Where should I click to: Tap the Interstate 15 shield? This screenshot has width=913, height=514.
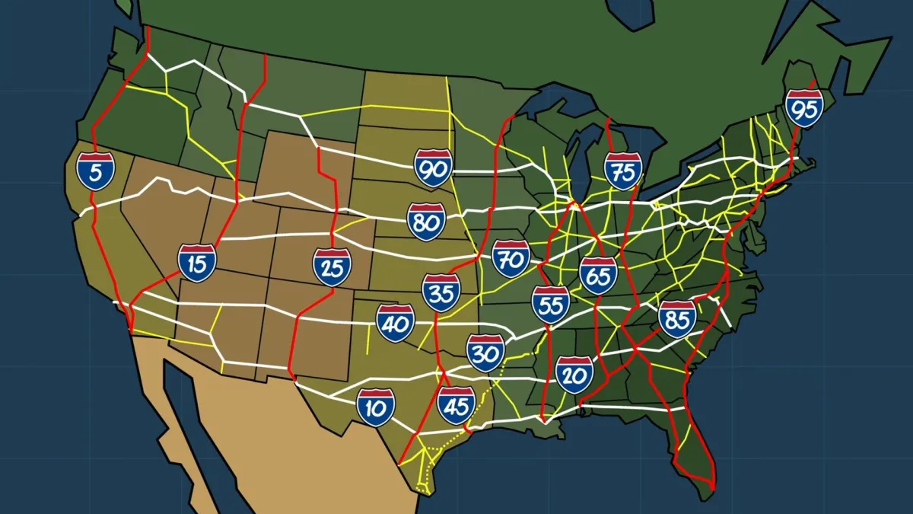197,263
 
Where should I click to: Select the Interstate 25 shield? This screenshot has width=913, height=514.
332,267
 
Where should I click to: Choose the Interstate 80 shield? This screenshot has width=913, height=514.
426,222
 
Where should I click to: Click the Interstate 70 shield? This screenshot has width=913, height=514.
511,259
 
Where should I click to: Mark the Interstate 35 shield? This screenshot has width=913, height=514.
441,293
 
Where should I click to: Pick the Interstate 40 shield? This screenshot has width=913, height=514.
396,323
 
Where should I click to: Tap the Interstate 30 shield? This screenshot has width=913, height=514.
485,353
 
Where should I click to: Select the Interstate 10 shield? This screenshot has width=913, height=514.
376,407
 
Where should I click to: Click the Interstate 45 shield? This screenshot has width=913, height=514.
456,405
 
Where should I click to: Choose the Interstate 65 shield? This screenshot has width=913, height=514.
598,276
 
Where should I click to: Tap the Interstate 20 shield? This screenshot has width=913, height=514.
574,374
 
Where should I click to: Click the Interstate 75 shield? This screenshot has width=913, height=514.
623,171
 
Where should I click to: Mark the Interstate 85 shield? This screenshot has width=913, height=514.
677,319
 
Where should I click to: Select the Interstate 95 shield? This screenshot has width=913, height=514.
804,109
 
